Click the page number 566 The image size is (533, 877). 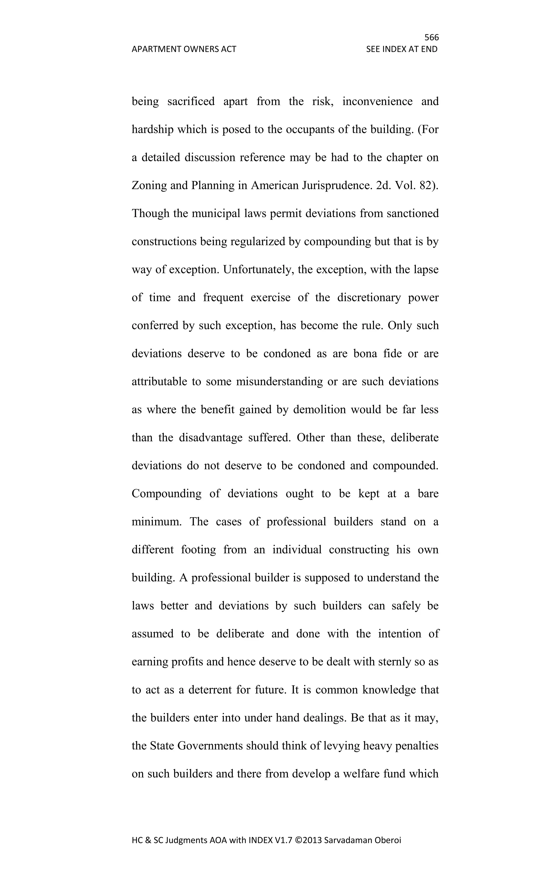(x=432, y=37)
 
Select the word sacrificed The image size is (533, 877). (x=191, y=101)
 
